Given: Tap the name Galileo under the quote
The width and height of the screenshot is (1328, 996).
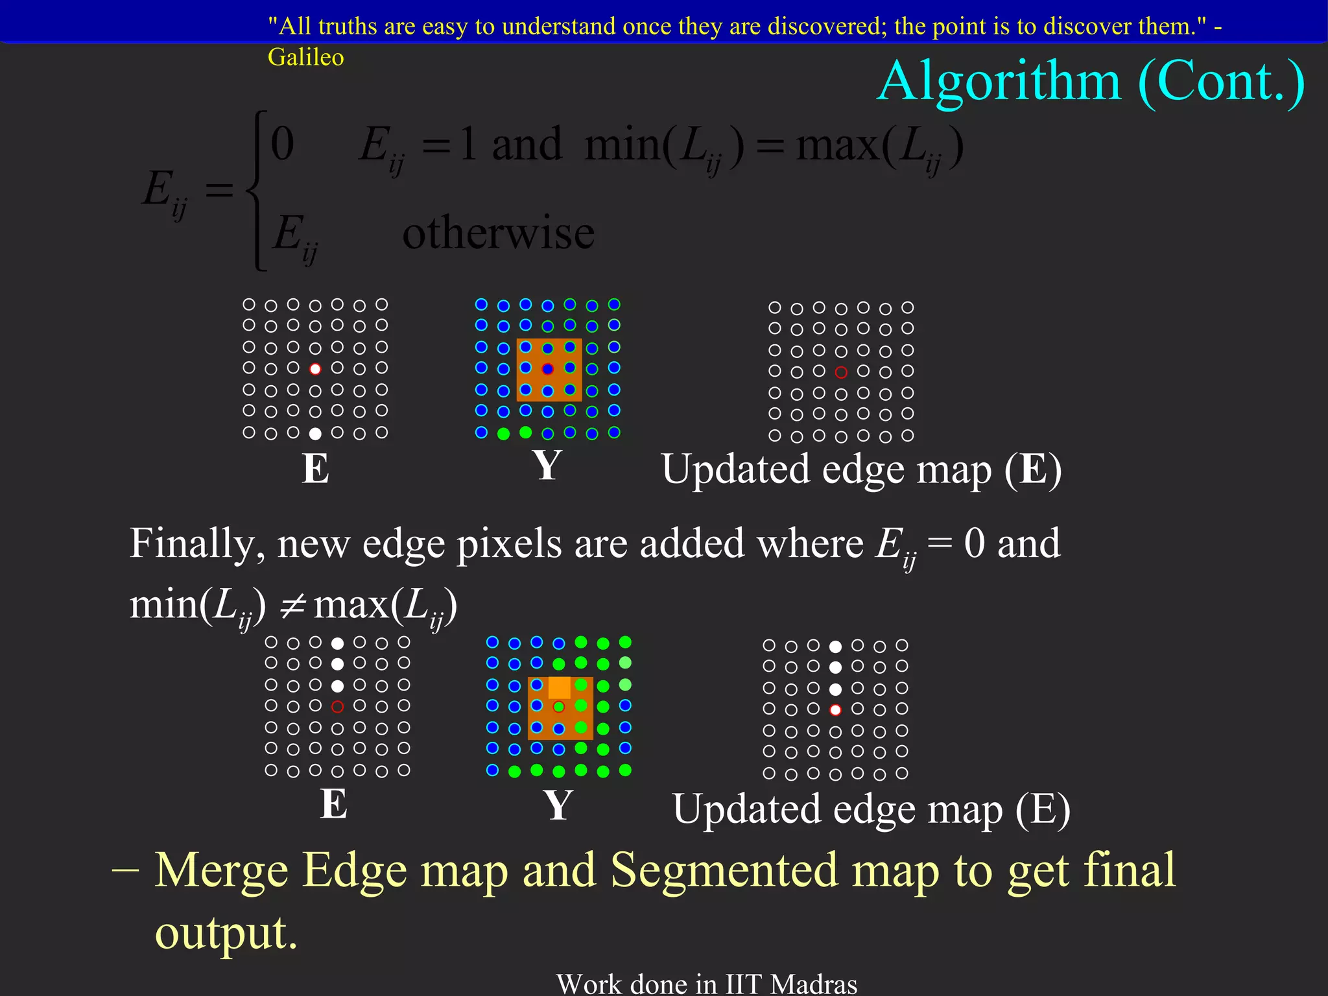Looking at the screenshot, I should [305, 57].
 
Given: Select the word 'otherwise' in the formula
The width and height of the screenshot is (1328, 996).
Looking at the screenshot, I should [498, 232].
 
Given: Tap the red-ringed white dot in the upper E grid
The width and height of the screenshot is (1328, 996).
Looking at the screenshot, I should [315, 369].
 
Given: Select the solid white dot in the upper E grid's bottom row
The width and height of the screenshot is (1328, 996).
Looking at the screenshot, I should [315, 433].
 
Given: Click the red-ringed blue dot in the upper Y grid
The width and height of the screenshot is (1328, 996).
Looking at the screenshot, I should [548, 369].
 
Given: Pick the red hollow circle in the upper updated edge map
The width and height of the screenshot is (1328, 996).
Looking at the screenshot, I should [841, 372].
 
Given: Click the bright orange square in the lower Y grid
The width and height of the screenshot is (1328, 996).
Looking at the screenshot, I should [559, 687].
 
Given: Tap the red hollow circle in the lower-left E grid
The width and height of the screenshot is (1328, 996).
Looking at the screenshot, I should [337, 707].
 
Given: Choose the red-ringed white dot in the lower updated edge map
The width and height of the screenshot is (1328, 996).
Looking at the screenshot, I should [836, 710].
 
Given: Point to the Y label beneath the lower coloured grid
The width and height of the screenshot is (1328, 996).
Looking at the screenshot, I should [558, 805].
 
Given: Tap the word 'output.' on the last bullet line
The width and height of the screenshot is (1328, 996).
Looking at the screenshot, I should [226, 932].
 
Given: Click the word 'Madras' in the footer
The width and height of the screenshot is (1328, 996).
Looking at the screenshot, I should [814, 984].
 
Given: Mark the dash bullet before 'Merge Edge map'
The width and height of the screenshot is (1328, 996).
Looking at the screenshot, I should [125, 870].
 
